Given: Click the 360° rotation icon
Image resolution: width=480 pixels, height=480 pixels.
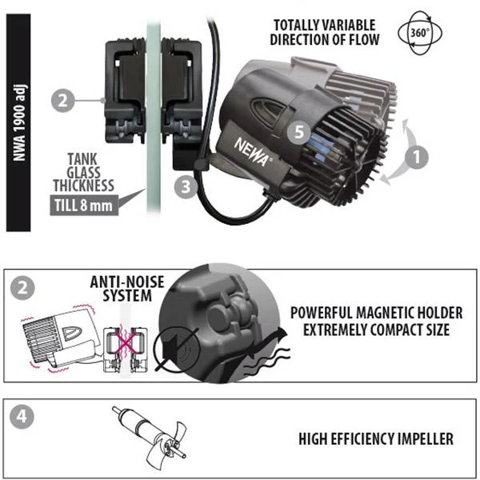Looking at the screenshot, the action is coord(420,33).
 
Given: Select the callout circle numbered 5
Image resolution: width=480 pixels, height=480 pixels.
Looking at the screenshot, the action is coord(298,132).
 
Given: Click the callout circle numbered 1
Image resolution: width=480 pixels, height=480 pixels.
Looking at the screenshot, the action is coord(416,158).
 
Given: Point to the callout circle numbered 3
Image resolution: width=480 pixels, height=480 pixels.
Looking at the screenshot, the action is coord(186,186).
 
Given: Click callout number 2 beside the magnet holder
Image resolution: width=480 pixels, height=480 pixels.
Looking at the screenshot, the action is coord(62,101).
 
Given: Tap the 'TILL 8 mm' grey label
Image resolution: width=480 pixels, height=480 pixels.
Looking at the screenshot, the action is coord(84,205).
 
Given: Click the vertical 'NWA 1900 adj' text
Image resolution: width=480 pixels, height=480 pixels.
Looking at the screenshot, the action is coord(19,122).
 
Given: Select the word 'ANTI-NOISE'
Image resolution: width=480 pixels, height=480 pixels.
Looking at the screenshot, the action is coord(127,282).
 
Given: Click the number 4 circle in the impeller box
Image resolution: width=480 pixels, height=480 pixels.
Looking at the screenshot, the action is coord(22,417).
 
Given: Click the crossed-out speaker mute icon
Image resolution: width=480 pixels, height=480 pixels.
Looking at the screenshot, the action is coord(177,348).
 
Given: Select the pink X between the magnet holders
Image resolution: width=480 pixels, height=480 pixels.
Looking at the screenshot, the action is coord(126,343).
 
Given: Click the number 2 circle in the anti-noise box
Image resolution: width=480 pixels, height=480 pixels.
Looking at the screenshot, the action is coord(22,288).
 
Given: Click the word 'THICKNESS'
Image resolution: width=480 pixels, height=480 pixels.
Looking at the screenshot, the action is coord(84,186).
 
